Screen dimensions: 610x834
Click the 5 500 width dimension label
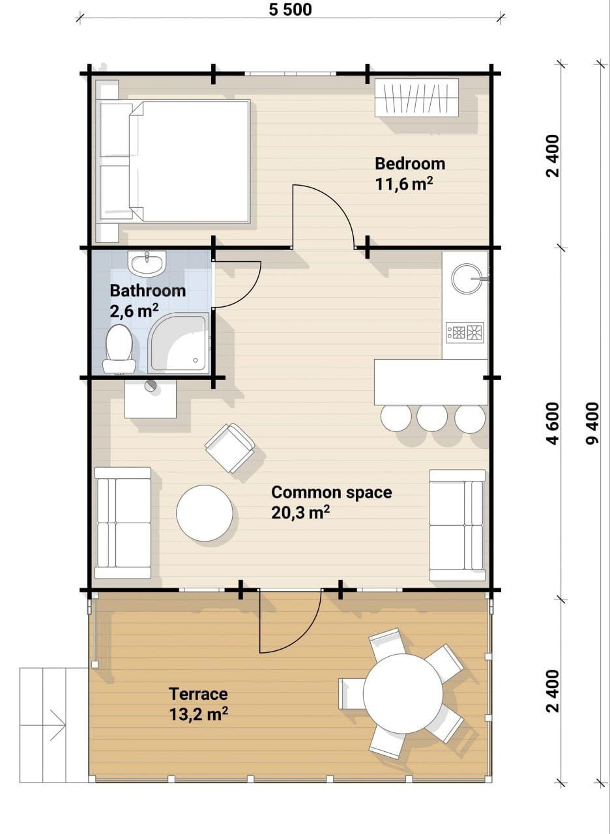pos(290,10)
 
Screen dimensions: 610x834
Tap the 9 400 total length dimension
pos(592,424)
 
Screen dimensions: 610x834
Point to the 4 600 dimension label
pos(553,424)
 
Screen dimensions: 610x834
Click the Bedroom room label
pos(410,164)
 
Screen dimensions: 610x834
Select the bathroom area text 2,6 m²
pos(134,310)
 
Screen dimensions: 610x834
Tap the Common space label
pos(332,493)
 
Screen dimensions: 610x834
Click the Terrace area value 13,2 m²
pos(199,713)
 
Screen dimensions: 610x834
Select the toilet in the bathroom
pos(119,349)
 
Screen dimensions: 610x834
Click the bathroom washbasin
pos(147,263)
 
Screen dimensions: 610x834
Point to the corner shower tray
pos(179,343)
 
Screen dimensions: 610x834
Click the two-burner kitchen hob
pos(465,332)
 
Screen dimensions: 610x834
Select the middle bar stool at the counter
pos(432,418)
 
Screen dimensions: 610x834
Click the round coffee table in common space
pos(205,513)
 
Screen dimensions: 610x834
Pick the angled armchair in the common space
pos(230,448)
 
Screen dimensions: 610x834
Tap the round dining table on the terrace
pos(403,693)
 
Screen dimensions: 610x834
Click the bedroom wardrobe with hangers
pos(416,98)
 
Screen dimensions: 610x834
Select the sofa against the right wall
pos(457,525)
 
